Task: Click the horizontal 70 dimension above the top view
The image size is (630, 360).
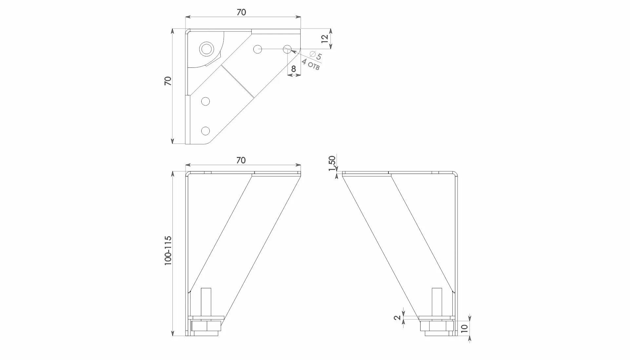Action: tap(241, 12)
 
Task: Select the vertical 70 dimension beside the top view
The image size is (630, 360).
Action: tap(168, 81)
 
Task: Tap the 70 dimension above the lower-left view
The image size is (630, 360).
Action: tap(241, 160)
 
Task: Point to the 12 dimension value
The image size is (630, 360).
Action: tap(325, 39)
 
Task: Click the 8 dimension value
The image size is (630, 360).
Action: tap(293, 69)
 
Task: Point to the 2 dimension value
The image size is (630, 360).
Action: tap(397, 317)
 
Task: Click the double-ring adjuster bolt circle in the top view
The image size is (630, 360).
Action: tap(207, 49)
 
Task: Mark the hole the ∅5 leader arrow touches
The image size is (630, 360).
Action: tap(287, 49)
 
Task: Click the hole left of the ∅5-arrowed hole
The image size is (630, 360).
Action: tap(258, 49)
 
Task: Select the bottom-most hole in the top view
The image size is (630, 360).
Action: tap(206, 131)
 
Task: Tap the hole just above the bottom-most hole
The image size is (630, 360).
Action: tap(206, 102)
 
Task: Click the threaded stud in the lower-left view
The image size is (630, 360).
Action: tap(206, 302)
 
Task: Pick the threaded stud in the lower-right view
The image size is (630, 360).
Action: tap(436, 302)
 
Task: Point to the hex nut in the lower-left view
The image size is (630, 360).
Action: tap(207, 326)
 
